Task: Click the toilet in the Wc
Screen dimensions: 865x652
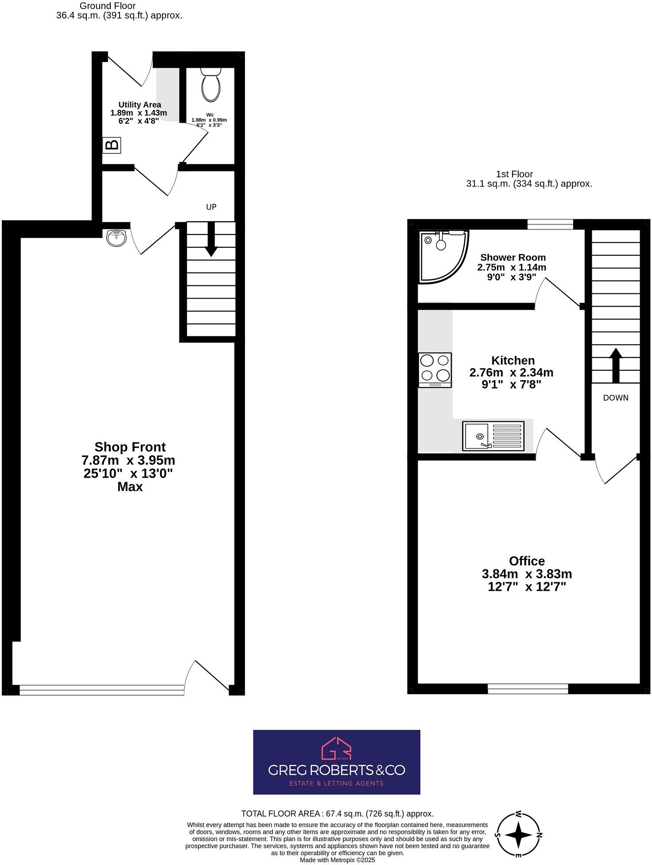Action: pyautogui.click(x=210, y=84)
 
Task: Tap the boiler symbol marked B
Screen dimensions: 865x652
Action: pyautogui.click(x=112, y=145)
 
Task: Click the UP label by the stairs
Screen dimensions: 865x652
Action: pyautogui.click(x=211, y=207)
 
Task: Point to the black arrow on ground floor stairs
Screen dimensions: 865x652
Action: pyautogui.click(x=211, y=239)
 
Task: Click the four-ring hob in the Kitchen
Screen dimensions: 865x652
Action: pyautogui.click(x=435, y=370)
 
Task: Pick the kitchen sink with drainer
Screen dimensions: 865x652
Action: pyautogui.click(x=493, y=436)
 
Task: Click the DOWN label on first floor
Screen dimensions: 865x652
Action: pyautogui.click(x=616, y=397)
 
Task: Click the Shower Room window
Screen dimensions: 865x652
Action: pyautogui.click(x=550, y=224)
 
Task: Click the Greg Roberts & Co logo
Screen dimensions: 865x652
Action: pyautogui.click(x=337, y=762)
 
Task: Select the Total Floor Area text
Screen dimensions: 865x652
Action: pyautogui.click(x=337, y=814)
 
